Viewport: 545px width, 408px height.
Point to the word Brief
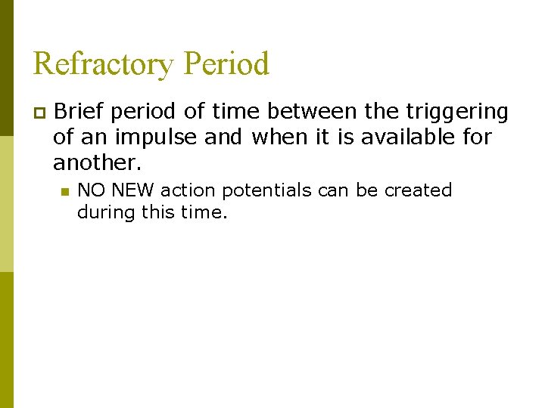pos(78,112)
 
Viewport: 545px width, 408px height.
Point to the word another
pos(97,163)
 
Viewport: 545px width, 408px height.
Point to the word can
pos(334,190)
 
